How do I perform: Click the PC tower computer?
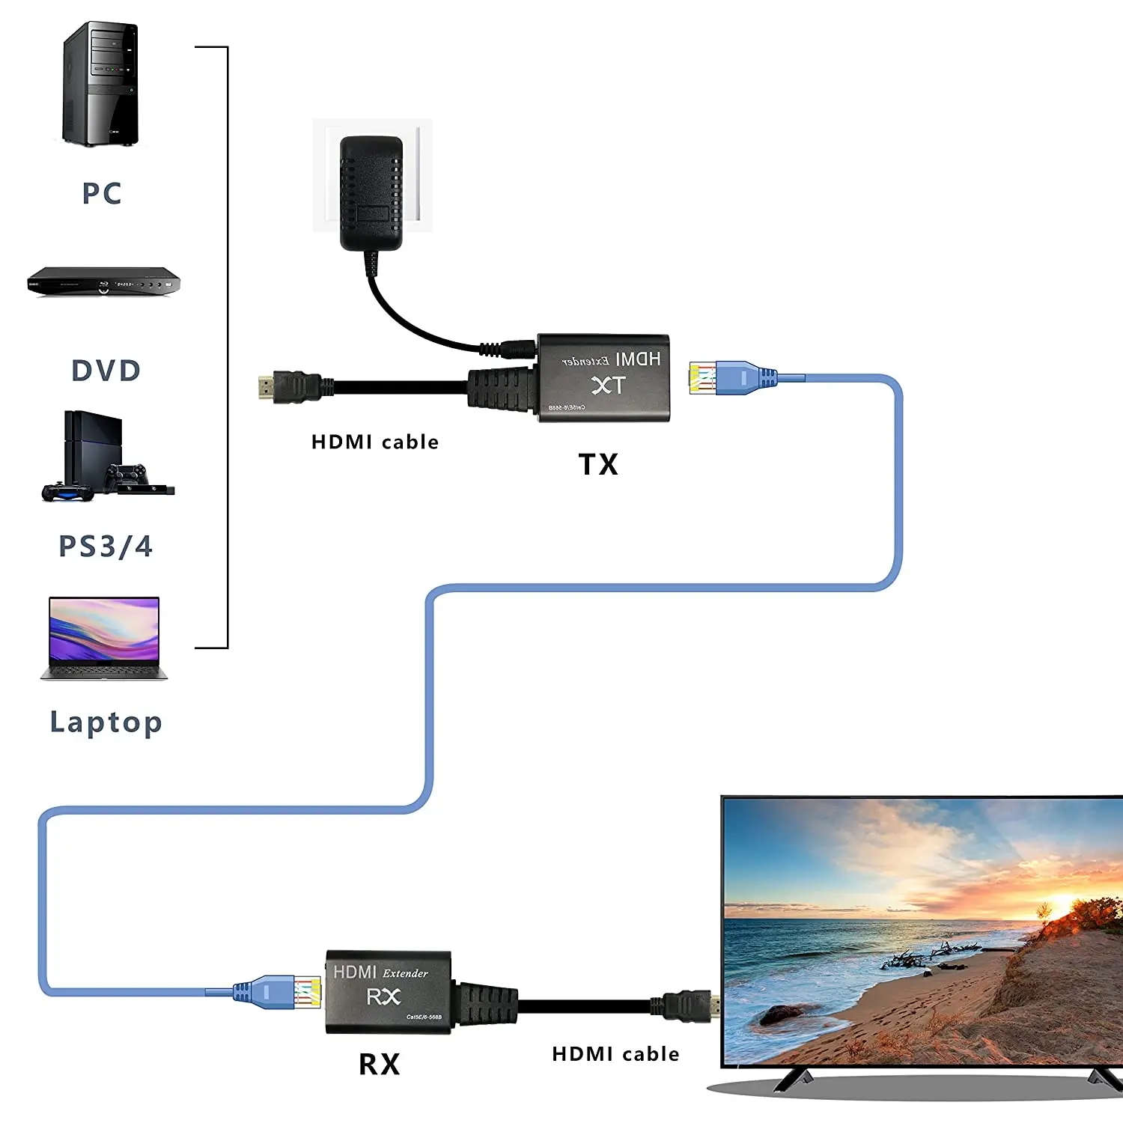[101, 84]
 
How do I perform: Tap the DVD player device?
[104, 281]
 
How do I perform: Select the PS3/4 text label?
[106, 547]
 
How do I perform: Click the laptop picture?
[104, 638]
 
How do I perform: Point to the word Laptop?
[106, 722]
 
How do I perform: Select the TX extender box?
[603, 378]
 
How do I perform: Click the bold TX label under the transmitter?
[598, 465]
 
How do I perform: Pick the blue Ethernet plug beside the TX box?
[732, 377]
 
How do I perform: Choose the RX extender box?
[389, 992]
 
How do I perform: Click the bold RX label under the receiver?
[380, 1065]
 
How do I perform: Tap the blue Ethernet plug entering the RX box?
[278, 992]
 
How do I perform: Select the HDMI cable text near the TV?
[615, 1054]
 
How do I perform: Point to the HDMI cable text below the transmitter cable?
[375, 442]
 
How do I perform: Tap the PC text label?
[102, 193]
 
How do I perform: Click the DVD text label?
[106, 371]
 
